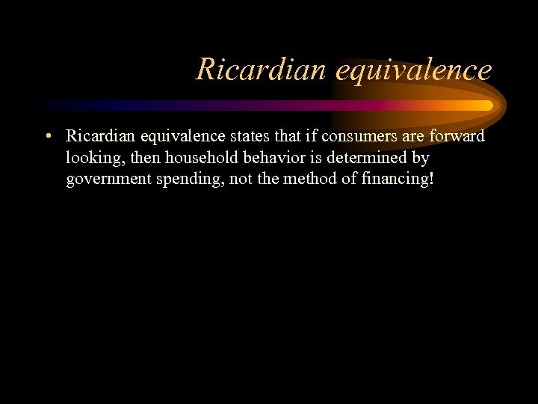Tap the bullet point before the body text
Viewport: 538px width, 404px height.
point(47,136)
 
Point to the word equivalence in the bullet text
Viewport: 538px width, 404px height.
point(173,136)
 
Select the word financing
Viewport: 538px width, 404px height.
point(392,180)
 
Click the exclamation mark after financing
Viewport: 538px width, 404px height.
point(431,180)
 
